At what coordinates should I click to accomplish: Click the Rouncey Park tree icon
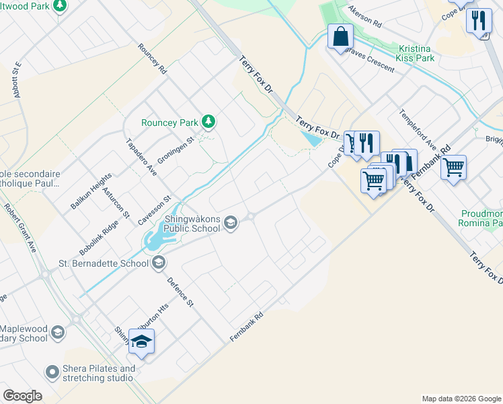(209, 122)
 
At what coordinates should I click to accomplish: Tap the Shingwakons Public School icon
(231, 223)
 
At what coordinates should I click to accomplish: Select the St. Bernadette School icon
(159, 263)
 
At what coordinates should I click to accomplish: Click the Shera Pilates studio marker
(52, 372)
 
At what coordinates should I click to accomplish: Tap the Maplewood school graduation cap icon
(59, 333)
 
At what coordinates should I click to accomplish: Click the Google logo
(22, 396)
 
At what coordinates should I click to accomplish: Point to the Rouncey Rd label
(153, 60)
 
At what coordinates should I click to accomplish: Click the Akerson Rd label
(364, 18)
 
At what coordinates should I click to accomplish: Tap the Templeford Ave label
(418, 130)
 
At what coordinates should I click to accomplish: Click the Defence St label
(180, 292)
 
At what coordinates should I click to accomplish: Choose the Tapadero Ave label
(142, 158)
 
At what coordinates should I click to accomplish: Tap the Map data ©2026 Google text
(461, 399)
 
